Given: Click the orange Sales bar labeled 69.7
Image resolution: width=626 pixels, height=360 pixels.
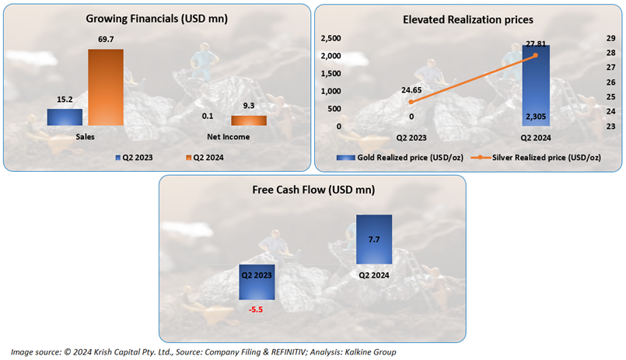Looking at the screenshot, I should click(x=105, y=87).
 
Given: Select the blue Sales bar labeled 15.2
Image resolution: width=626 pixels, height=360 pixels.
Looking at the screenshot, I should click(x=65, y=117).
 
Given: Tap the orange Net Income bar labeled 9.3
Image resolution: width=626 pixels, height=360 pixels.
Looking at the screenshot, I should click(x=249, y=121).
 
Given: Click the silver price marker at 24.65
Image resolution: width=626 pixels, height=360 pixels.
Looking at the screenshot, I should click(x=411, y=102).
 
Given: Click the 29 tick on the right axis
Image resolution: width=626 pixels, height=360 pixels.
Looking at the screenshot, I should click(x=610, y=38).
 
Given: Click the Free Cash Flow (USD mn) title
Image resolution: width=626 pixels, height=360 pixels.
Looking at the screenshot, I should click(x=313, y=190).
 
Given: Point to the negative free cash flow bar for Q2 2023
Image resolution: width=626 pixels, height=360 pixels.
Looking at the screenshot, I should click(x=257, y=283).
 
